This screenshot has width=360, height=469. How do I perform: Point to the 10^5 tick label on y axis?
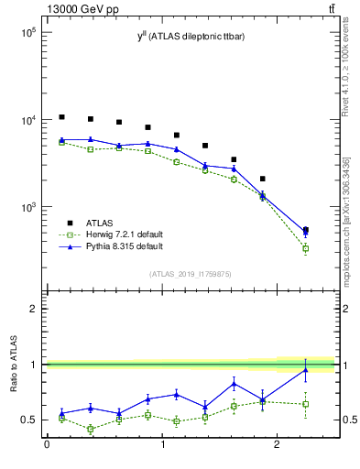click(27, 32)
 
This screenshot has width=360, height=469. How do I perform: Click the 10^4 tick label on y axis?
click(27, 120)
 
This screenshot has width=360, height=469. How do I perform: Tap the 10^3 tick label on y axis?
click(27, 208)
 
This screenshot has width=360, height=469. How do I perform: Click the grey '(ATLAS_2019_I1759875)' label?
click(191, 273)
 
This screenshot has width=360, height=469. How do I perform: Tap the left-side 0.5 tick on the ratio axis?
click(30, 420)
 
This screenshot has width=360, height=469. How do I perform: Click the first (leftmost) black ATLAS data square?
click(61, 117)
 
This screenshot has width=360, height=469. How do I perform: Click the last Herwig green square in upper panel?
click(305, 248)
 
